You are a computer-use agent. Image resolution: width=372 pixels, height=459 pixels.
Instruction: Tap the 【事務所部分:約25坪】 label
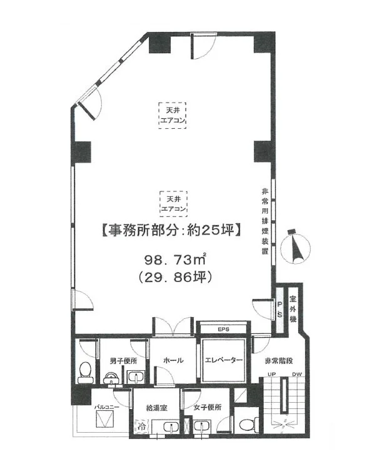168,230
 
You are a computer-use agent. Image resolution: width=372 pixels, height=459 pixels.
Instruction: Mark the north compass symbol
293,245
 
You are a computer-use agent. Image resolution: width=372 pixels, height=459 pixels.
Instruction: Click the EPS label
224,328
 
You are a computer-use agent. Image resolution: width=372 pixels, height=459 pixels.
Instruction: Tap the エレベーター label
224,360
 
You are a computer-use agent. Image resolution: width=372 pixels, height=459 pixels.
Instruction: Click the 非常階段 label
278,360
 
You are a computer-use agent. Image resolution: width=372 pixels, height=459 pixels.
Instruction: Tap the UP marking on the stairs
271,376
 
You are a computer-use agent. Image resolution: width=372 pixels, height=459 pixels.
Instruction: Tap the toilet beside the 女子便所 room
248,424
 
